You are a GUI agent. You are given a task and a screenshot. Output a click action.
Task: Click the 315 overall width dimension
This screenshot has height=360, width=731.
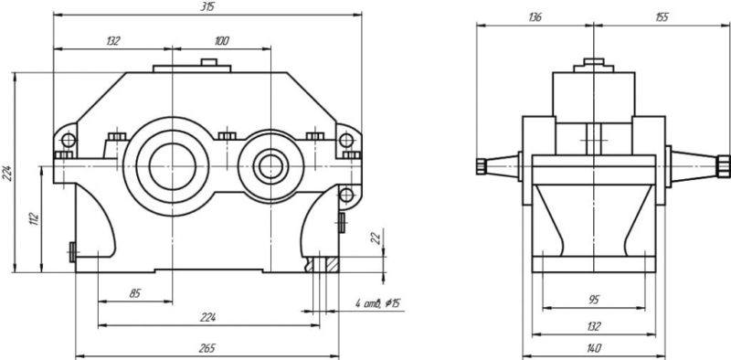(x=207, y=8)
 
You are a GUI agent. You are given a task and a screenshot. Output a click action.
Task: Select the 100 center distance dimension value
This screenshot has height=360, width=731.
(x=222, y=41)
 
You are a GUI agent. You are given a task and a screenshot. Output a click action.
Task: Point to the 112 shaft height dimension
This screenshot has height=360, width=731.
(x=34, y=219)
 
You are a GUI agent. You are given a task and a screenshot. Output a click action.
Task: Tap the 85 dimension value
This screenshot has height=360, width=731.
(x=134, y=294)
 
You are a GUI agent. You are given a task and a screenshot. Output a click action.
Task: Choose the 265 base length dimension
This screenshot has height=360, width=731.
(x=207, y=349)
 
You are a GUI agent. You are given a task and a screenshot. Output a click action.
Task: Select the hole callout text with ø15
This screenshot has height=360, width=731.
(x=377, y=304)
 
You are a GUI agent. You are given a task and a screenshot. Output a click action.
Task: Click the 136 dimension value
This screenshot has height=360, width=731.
(x=535, y=17)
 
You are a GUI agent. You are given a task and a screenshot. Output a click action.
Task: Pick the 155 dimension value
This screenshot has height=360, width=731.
(x=662, y=17)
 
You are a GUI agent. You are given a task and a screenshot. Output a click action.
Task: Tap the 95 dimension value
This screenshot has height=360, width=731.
(x=594, y=300)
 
